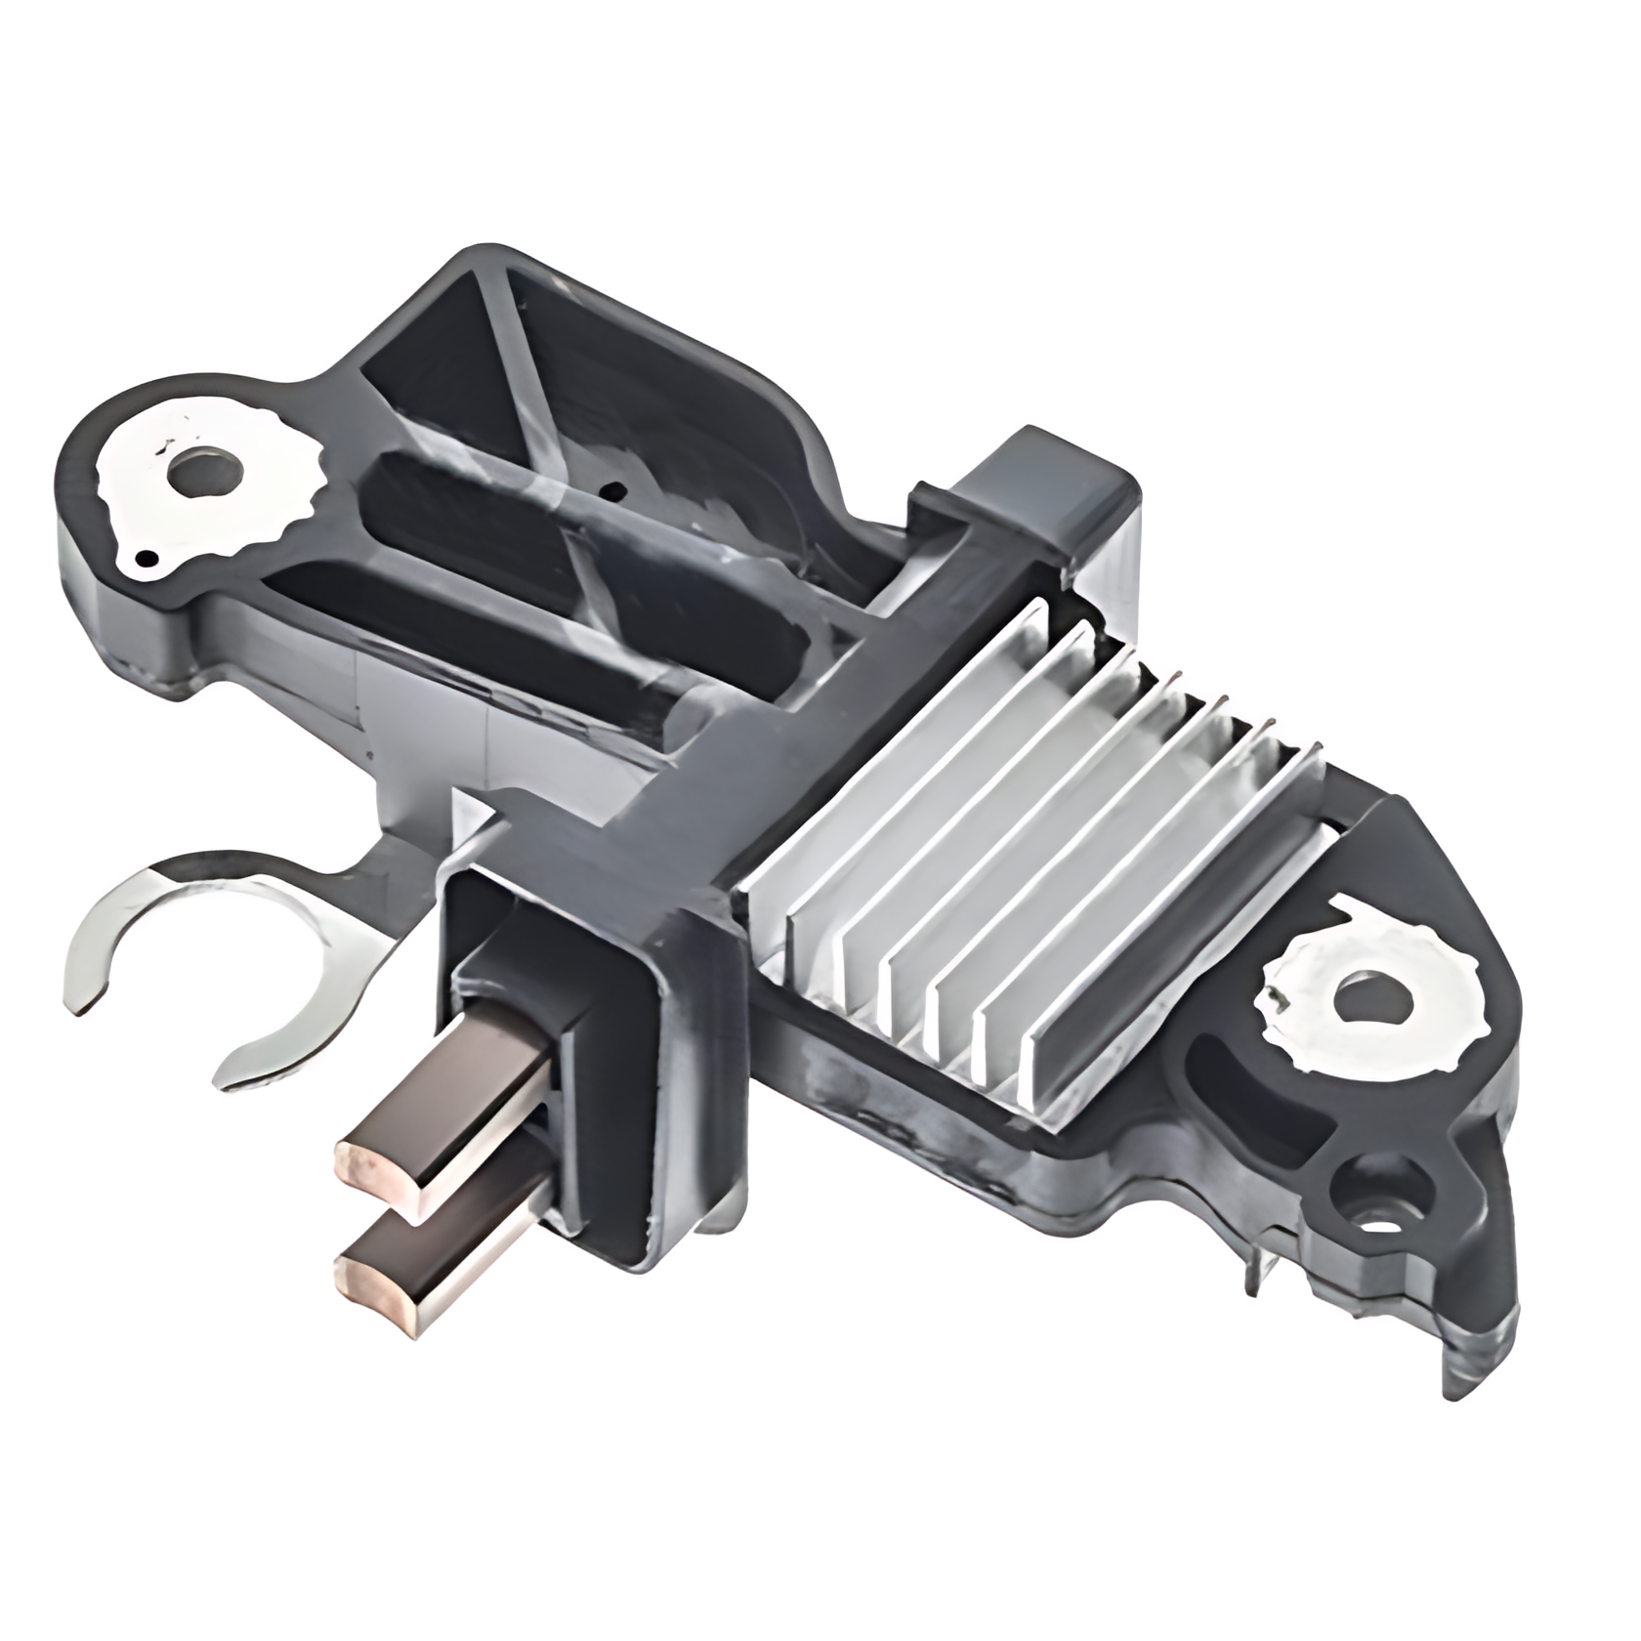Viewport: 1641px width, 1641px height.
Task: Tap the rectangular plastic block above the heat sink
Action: point(1050,498)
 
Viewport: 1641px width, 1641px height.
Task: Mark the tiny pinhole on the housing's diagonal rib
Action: point(611,488)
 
